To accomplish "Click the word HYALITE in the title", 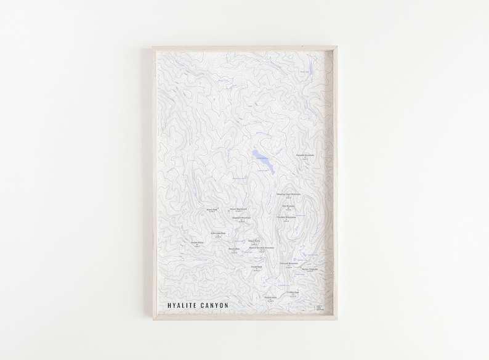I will click(178, 305).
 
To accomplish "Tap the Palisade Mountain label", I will click(305, 155).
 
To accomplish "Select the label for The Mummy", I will click(289, 206).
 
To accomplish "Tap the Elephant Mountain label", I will click(241, 218).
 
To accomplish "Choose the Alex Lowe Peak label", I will click(218, 233).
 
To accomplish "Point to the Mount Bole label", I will click(233, 248).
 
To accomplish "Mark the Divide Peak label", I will click(256, 266).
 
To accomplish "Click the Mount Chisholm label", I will click(310, 269).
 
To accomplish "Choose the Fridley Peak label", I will click(293, 292).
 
